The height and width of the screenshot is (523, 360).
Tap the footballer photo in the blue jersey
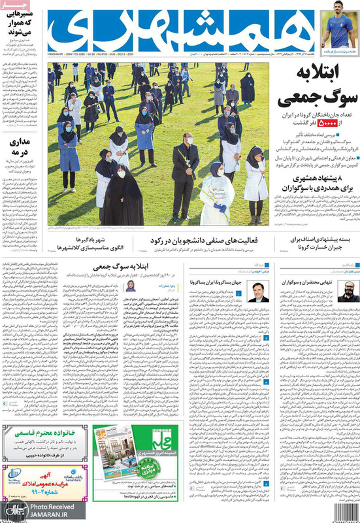click(339, 26)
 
